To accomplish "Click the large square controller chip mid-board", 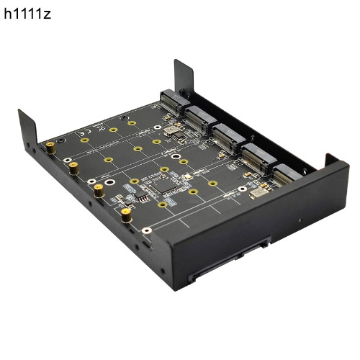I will coord(163,185).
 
